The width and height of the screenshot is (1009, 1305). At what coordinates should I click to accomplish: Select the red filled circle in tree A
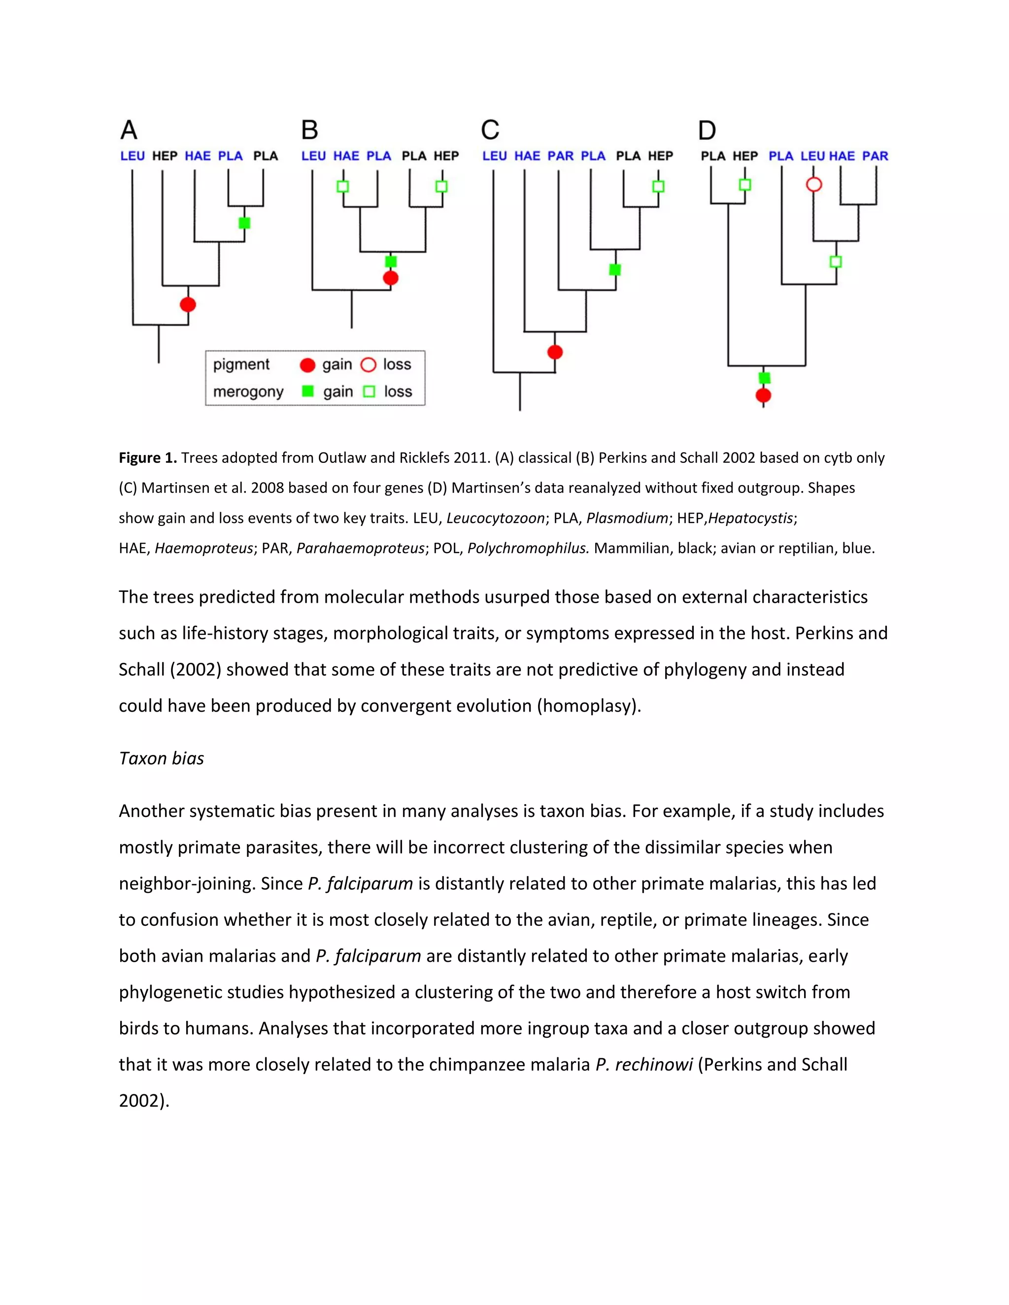[188, 304]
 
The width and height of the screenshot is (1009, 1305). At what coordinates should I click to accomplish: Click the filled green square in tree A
[244, 223]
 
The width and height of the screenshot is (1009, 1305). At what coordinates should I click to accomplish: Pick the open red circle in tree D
[813, 184]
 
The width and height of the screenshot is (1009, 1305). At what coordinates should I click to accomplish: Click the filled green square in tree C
[614, 269]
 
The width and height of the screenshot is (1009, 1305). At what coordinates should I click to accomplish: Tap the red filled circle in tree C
[555, 352]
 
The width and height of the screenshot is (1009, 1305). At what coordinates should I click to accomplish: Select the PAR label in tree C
[560, 156]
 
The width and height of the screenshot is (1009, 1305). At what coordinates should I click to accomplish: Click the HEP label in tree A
[165, 156]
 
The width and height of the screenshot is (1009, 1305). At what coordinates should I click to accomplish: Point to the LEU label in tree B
[313, 156]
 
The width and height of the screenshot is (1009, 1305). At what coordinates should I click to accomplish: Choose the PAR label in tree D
[874, 156]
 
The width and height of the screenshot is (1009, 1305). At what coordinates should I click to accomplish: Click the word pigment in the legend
[241, 364]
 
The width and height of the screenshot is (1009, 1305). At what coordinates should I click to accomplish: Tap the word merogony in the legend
[248, 391]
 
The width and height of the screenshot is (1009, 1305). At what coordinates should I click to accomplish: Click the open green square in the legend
[370, 391]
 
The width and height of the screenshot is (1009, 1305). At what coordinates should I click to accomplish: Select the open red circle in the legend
[369, 364]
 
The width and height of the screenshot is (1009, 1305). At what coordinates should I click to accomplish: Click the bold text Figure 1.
[148, 457]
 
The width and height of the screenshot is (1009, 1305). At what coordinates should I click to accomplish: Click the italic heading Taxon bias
[162, 758]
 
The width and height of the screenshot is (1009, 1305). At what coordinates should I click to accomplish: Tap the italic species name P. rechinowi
[644, 1064]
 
